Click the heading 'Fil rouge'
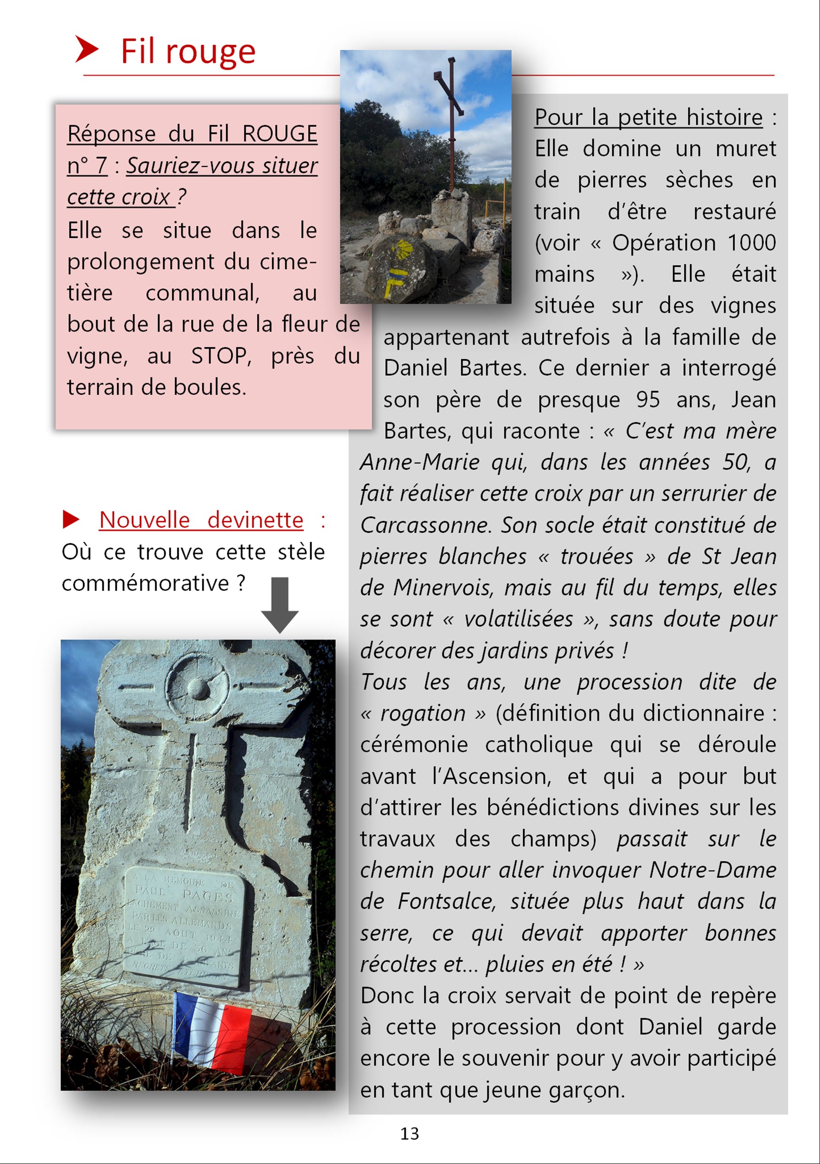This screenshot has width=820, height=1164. pos(188,51)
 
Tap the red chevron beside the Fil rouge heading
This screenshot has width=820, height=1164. pos(86,49)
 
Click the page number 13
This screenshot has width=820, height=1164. pos(410,1133)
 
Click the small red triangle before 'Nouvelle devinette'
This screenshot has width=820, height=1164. pos(70,520)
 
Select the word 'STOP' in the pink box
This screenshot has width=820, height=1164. pos(221,356)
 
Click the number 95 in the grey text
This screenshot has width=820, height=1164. pos(648,399)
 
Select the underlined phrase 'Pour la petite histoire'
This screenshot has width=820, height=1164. pos(648,118)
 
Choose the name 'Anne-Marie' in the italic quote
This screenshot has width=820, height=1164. pos(419,462)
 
